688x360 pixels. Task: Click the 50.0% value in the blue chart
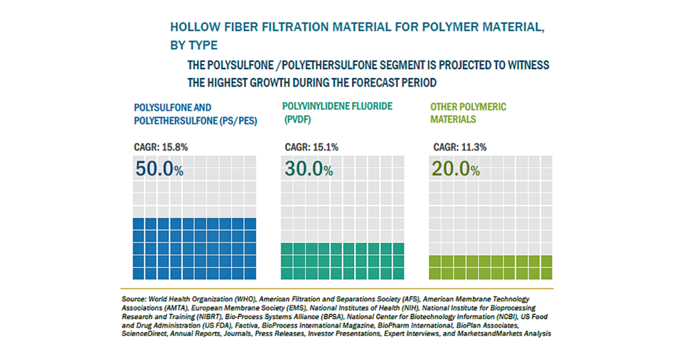point(159,169)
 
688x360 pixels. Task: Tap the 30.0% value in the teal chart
point(308,169)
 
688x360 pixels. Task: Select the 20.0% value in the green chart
point(456,169)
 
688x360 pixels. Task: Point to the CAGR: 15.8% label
point(161,147)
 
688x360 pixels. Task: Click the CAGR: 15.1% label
point(312,147)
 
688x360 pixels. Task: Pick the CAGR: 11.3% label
point(460,147)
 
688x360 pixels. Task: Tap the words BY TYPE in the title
point(194,45)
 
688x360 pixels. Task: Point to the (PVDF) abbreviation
point(298,120)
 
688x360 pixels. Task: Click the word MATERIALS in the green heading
point(453,120)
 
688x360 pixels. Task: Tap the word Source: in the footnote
point(134,299)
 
